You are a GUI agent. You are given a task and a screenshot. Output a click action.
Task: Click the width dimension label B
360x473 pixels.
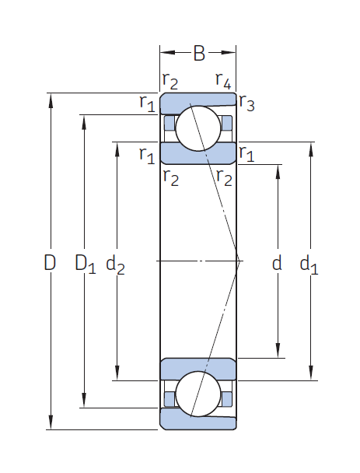pyautogui.click(x=199, y=54)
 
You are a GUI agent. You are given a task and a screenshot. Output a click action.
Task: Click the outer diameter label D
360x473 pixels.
pyautogui.click(x=50, y=262)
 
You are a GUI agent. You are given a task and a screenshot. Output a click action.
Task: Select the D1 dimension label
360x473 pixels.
pyautogui.click(x=86, y=264)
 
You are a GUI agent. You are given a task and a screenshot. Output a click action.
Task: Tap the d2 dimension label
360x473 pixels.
pyautogui.click(x=115, y=265)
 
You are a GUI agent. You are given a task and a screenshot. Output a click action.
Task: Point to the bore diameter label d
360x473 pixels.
pyautogui.click(x=277, y=262)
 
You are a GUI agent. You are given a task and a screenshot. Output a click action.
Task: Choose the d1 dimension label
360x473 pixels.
pyautogui.click(x=309, y=265)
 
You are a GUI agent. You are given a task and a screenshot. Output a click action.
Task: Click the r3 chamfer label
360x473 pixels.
pyautogui.click(x=246, y=103)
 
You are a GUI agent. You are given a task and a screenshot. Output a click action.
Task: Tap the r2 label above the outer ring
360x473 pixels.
pyautogui.click(x=170, y=81)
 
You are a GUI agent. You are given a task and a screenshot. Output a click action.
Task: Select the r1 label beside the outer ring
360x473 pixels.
pyautogui.click(x=147, y=103)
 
